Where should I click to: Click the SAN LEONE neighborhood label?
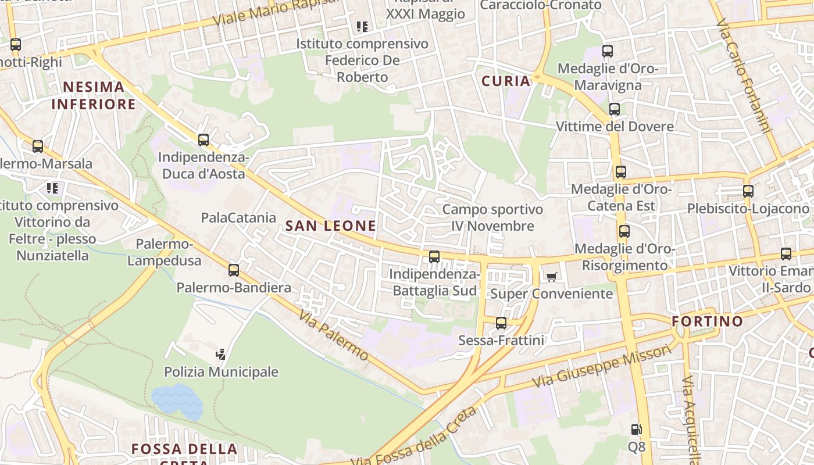click(331, 226)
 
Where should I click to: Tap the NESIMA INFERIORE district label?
click(94, 96)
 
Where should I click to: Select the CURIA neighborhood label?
click(506, 81)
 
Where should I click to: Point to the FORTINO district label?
click(707, 321)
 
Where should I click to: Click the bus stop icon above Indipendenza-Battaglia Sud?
click(434, 257)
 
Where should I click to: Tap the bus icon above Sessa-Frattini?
click(501, 323)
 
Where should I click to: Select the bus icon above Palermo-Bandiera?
click(234, 270)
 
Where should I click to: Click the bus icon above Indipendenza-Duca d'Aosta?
click(203, 140)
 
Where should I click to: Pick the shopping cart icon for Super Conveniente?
click(551, 277)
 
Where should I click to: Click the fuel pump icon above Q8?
click(637, 430)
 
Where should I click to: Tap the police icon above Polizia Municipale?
click(221, 354)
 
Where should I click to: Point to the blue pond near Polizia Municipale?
click(177, 400)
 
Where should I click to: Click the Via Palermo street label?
click(334, 335)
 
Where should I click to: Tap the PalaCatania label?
click(238, 218)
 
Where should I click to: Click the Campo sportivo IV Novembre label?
click(492, 217)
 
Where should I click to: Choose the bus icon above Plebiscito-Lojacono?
click(748, 191)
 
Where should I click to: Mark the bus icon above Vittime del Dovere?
click(614, 109)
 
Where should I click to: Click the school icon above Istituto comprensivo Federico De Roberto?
click(362, 26)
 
